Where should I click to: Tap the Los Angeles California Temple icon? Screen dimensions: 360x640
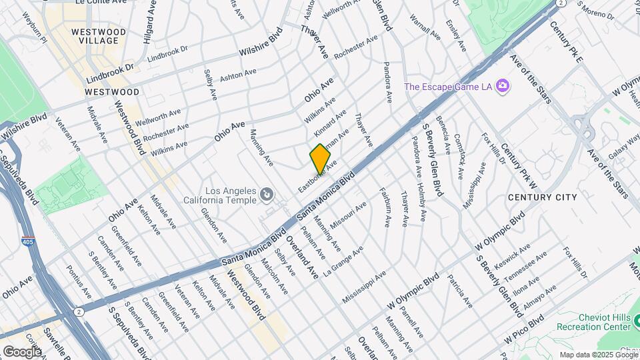tap(266, 194)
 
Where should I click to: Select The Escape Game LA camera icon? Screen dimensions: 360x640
tap(502, 86)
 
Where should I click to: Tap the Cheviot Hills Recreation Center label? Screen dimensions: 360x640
tap(595, 323)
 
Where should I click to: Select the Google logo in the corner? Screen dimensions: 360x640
tap(21, 351)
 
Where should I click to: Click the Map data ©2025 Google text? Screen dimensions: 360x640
tap(598, 355)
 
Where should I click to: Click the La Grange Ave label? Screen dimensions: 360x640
tap(343, 261)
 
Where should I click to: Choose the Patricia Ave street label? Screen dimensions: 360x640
tap(460, 291)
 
